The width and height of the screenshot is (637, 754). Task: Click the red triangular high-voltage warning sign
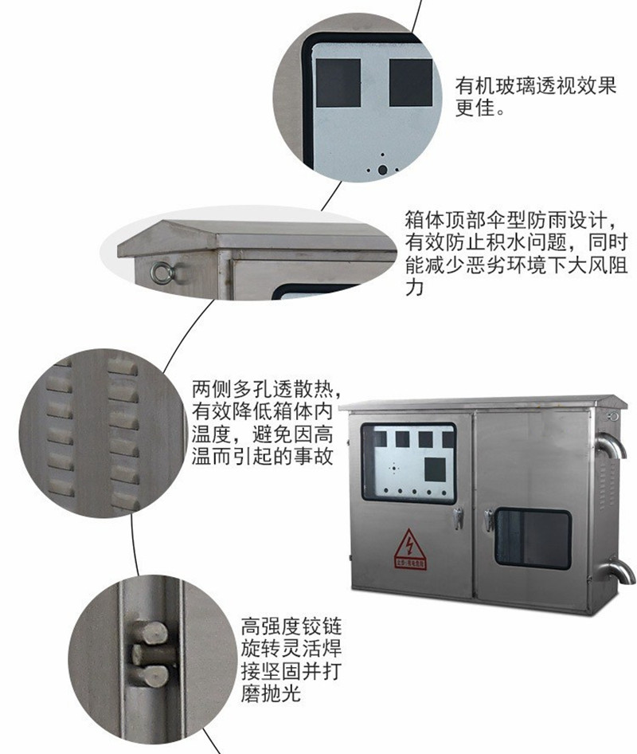click(x=410, y=550)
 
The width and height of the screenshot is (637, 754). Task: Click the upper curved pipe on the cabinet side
click(x=611, y=445)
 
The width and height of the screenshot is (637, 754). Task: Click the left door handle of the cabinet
click(x=458, y=517)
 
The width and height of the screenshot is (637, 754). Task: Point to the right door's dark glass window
click(x=533, y=539)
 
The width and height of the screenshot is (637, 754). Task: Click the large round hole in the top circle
click(x=382, y=170)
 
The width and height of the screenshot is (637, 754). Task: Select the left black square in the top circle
click(x=338, y=83)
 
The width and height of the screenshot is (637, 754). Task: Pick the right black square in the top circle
click(x=411, y=83)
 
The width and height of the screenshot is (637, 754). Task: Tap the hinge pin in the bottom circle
click(x=150, y=654)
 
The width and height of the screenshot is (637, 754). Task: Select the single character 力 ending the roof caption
click(x=413, y=287)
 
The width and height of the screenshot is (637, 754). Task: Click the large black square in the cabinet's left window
click(x=435, y=469)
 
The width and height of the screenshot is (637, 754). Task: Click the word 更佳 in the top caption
click(x=475, y=108)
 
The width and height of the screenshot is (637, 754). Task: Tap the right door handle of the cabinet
click(x=489, y=520)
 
